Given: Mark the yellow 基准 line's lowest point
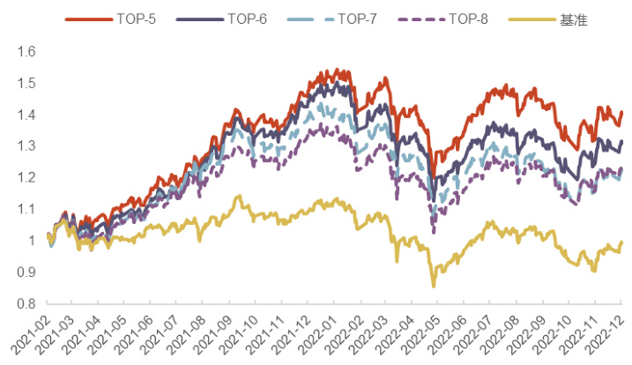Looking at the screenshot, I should pos(434,286).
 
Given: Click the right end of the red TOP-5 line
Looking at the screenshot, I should pos(621,112).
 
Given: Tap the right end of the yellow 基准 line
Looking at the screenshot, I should pos(621,242).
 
